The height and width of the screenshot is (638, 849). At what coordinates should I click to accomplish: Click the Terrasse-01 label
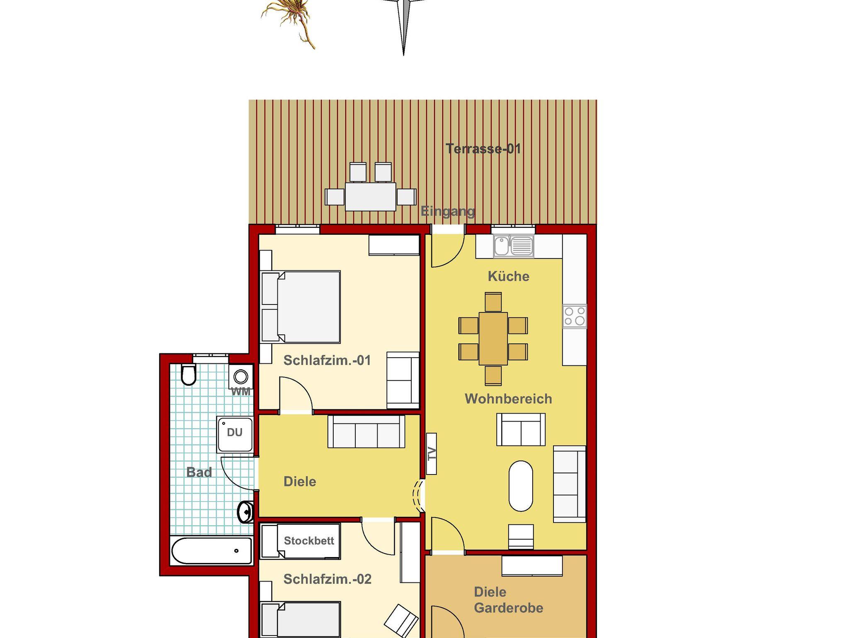483,149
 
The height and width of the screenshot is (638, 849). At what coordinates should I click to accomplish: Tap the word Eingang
448,211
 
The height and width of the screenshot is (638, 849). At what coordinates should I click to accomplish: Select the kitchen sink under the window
513,246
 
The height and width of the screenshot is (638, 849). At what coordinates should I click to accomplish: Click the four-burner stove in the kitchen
575,316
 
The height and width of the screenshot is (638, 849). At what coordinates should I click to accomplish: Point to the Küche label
509,276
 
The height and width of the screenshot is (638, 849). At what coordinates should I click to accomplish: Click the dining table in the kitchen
493,338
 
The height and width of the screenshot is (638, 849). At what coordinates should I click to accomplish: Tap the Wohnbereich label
508,399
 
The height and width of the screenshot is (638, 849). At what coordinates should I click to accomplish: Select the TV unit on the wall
432,453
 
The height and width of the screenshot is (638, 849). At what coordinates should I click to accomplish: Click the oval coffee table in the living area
521,486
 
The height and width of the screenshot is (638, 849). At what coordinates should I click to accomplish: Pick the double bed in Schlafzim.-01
301,307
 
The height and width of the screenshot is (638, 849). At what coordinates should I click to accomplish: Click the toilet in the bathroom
188,375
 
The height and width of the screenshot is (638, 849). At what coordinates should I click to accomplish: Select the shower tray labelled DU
235,434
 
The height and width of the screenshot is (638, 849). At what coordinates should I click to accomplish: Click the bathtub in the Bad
211,550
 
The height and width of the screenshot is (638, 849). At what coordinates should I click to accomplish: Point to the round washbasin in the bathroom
245,512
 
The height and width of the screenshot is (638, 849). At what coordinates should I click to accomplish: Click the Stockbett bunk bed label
309,541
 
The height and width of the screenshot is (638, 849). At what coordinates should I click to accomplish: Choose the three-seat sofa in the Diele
366,431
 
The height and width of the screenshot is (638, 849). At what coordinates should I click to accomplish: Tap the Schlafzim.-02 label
327,579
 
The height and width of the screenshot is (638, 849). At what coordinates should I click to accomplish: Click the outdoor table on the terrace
371,197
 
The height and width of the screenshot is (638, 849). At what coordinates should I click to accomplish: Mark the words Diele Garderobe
508,600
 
